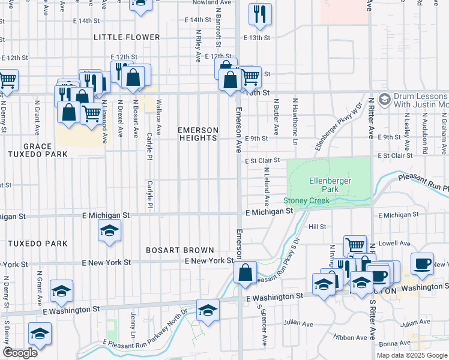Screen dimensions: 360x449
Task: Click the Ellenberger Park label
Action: [330, 184]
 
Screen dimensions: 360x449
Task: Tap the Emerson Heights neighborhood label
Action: [197, 134]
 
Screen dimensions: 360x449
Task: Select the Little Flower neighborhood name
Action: [127, 37]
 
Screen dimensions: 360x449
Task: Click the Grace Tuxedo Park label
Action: [46, 150]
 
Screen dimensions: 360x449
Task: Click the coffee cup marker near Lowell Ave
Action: [422, 263]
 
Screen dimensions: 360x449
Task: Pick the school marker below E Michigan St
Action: [109, 231]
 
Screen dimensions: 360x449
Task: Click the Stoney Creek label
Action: [306, 200]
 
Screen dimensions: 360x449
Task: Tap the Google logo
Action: [20, 353]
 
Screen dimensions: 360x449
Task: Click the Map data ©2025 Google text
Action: [412, 355]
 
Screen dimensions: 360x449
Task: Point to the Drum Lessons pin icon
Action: [385, 98]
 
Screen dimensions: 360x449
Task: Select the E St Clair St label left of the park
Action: [262, 160]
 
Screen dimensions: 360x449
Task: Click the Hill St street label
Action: [317, 227]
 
